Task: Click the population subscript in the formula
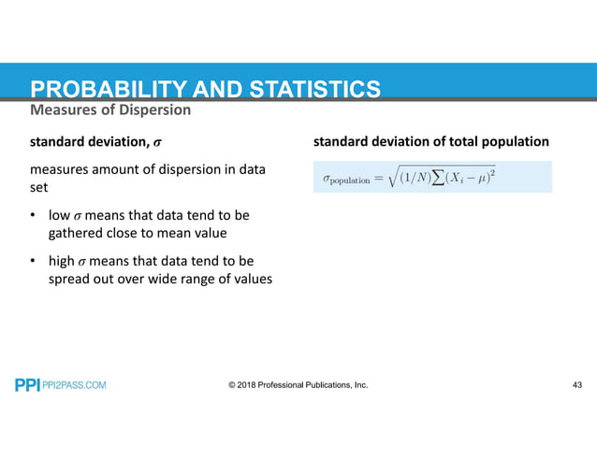click(x=351, y=180)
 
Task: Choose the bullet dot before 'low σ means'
click(x=34, y=216)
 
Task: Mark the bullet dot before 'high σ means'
click(x=34, y=260)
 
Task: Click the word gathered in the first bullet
click(x=75, y=233)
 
